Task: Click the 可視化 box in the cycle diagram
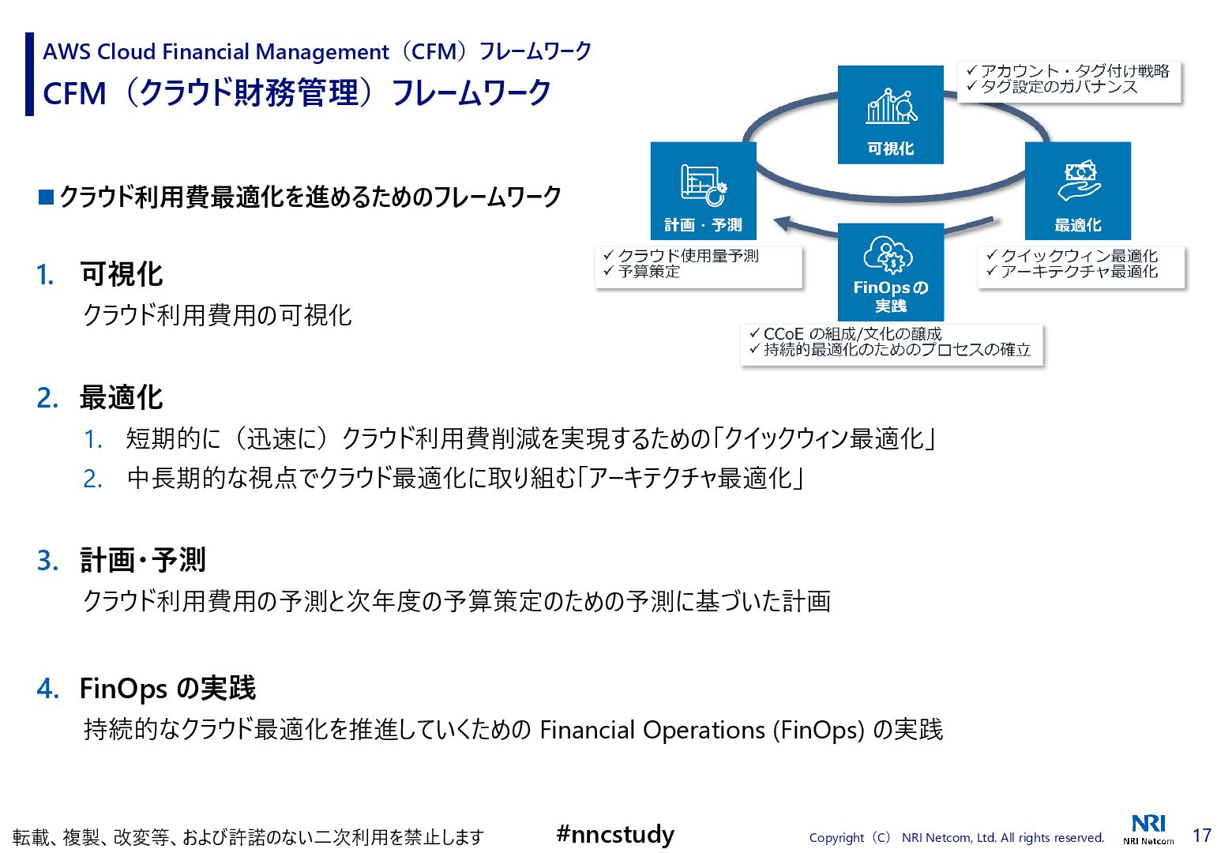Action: (890, 115)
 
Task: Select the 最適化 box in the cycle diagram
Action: (1077, 190)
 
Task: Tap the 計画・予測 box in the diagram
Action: (703, 190)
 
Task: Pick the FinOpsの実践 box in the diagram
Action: (890, 272)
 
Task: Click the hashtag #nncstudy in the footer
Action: (615, 834)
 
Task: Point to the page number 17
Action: (1201, 835)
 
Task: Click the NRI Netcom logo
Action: (1148, 829)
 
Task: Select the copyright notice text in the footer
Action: (956, 837)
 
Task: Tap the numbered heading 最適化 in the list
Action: (121, 397)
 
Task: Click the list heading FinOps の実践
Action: (167, 688)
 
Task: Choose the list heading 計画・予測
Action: (143, 560)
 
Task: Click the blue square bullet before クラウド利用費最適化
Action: (46, 196)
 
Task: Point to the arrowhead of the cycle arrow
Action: (782, 224)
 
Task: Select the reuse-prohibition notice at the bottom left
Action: (248, 837)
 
